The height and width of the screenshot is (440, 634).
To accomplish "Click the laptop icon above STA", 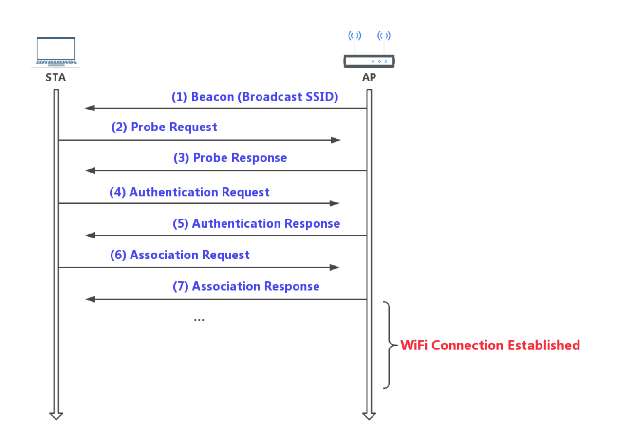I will click(56, 52).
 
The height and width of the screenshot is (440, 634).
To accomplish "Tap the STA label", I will click(56, 78).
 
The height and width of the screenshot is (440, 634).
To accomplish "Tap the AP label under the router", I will click(369, 78).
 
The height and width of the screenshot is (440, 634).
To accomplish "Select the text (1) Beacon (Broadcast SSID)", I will click(255, 97).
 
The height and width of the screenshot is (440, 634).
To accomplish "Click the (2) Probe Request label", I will click(164, 128).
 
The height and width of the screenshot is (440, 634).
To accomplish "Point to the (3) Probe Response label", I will click(230, 158).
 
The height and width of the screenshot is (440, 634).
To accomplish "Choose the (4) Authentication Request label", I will click(189, 193).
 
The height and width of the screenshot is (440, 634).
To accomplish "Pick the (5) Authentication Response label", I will click(256, 224).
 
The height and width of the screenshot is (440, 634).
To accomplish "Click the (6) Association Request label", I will click(180, 256).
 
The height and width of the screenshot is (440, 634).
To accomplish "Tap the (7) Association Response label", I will click(246, 287).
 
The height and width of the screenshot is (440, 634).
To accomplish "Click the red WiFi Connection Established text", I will click(490, 346).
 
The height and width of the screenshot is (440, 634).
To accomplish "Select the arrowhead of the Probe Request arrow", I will click(336, 140).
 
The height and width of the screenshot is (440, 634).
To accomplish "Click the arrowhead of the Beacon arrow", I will click(89, 108).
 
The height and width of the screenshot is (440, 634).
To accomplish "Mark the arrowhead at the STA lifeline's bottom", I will click(56, 416).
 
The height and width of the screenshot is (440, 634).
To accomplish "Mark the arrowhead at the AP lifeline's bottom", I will click(369, 416).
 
